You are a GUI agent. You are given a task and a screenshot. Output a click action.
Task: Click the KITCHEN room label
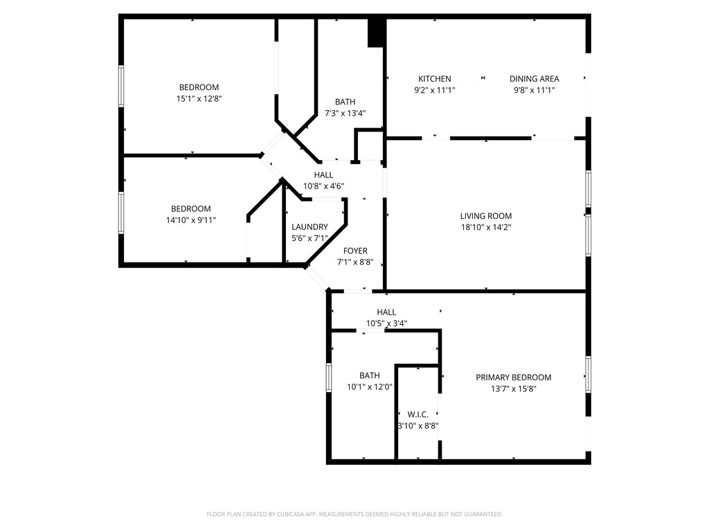(434, 79)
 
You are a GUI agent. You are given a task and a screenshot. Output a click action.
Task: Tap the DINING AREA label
(534, 79)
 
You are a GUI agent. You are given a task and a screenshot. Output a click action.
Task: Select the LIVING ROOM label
(486, 216)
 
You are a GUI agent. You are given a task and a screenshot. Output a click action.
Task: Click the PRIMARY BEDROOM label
(513, 378)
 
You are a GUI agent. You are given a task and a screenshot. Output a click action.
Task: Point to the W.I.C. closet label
(418, 415)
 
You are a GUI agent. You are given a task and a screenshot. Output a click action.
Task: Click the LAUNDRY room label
(309, 227)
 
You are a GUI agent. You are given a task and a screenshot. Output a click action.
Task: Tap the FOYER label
(355, 251)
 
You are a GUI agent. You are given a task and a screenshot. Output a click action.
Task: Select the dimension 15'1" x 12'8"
(199, 98)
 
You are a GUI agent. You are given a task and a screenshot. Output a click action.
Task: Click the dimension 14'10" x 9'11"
(190, 220)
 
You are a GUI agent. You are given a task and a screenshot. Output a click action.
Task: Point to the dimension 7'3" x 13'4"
(345, 113)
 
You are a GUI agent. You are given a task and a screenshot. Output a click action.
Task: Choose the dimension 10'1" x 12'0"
(370, 387)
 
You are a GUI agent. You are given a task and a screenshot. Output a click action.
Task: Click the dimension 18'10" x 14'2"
(486, 227)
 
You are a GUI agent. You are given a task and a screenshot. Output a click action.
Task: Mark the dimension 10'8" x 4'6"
(323, 186)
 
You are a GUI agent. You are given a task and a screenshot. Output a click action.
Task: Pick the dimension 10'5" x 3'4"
(386, 323)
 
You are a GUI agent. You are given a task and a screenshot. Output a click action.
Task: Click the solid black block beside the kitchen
(376, 33)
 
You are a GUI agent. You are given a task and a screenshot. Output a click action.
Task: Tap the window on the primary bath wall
(330, 378)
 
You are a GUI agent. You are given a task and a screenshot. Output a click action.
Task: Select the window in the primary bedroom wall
(588, 374)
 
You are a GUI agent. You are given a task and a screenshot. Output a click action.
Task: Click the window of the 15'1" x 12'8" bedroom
(121, 86)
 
